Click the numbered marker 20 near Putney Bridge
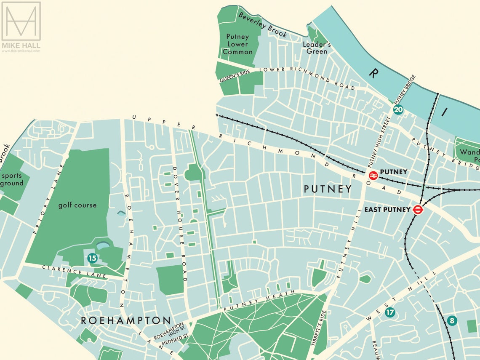398,110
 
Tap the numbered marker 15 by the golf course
92,258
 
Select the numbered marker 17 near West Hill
390,312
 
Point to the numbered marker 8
452,320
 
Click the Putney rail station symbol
373,176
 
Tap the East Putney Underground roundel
418,209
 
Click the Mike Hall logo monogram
21,21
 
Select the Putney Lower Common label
237,44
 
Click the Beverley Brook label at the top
263,24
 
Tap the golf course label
77,205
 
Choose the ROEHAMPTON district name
126,320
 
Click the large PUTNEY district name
328,189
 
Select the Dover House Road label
179,223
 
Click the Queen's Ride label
235,76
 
